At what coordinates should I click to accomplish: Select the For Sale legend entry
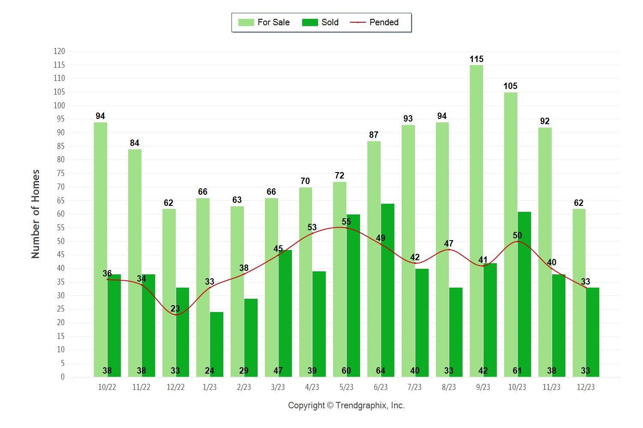coord(264,22)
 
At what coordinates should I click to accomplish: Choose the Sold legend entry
coord(320,22)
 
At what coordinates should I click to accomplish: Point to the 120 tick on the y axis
coord(59,51)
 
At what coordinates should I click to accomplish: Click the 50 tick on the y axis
coord(60,241)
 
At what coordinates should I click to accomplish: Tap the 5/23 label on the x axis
coord(346,387)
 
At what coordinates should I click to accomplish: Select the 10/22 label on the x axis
coord(107,387)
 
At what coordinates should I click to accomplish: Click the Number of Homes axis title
coord(36,214)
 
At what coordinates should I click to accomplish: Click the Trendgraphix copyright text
coord(346,405)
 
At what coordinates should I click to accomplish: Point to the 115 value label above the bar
coord(476,59)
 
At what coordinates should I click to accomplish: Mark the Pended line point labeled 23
coord(176,315)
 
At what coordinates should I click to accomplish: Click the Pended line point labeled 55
coord(346,228)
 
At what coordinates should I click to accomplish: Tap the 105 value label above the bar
coord(510,86)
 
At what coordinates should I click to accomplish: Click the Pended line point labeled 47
coord(449,250)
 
